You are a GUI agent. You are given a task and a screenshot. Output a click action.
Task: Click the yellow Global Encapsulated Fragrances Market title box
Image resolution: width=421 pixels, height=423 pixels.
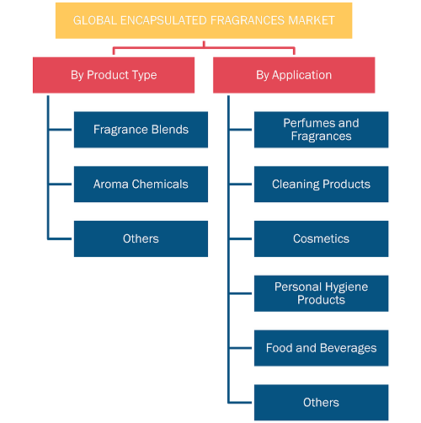point(204,20)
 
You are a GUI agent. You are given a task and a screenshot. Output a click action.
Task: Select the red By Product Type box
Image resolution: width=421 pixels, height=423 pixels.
point(114,75)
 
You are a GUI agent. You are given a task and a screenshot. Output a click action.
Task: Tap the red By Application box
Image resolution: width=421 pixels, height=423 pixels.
point(294,75)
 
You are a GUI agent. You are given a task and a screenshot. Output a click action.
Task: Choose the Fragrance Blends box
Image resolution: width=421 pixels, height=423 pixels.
point(141,130)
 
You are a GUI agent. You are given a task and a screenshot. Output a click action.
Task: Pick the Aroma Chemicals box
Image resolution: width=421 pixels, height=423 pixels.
point(141,185)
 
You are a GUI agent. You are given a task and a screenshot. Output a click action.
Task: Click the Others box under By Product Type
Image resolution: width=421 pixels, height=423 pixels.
point(141,238)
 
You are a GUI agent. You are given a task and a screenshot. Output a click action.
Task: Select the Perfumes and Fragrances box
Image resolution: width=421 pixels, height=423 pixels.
point(322,130)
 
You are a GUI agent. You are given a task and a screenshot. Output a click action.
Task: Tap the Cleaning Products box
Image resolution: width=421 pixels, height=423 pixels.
point(322,185)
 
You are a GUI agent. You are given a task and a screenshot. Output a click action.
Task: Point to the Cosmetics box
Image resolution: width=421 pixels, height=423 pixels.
point(322,238)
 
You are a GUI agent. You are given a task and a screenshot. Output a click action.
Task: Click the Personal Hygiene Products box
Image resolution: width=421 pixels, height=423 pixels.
point(322,293)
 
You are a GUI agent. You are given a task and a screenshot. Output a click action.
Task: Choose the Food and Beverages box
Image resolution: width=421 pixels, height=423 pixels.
point(322,348)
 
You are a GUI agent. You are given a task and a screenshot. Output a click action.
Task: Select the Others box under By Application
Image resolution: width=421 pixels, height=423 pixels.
point(322,403)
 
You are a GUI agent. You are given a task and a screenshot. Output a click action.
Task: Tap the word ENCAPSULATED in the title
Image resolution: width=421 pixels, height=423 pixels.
point(164,20)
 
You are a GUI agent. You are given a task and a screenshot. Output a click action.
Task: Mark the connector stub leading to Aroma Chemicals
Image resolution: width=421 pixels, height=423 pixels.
point(61,185)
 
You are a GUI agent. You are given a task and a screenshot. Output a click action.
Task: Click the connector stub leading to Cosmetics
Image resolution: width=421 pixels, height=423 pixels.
point(241,238)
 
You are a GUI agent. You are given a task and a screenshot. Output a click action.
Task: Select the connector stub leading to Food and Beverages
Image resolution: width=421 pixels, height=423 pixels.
point(241,348)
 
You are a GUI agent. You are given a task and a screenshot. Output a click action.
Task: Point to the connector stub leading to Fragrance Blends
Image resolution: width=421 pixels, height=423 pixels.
point(61,130)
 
